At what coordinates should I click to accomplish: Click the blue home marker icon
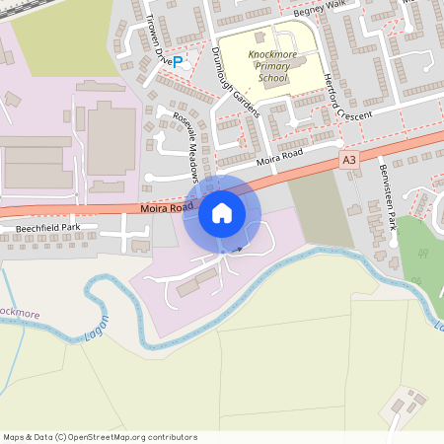222,213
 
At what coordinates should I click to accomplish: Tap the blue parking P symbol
178,61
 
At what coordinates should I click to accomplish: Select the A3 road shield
348,158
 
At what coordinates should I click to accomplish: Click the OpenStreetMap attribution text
100,437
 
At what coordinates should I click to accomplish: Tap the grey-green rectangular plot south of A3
320,212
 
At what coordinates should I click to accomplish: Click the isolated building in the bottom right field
406,405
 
